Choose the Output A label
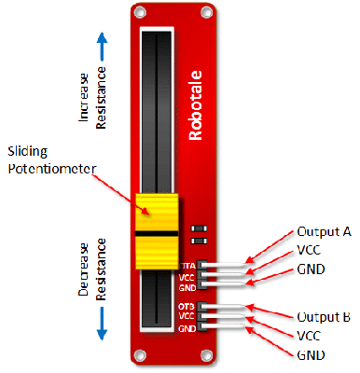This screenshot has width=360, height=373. pos(324,230)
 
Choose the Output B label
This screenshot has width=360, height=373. pos(324,317)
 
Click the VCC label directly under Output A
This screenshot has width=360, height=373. pos(310,250)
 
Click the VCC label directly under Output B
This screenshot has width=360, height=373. pos(310,337)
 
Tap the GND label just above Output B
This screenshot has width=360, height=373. pos(311,269)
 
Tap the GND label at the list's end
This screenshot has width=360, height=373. pos(311,356)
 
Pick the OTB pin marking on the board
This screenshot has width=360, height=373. pos(187,306)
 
